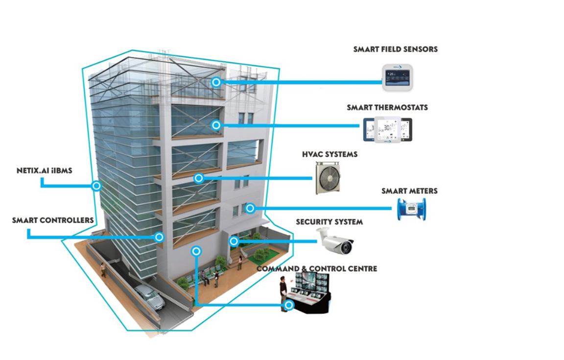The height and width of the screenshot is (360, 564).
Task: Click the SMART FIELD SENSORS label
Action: tap(395, 49)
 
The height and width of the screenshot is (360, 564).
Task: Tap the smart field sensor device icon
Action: tap(397, 77)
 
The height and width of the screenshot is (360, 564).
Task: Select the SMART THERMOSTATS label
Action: tap(387, 108)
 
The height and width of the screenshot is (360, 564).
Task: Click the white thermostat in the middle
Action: tap(387, 130)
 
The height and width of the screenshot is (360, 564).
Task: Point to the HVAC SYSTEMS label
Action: tap(330, 154)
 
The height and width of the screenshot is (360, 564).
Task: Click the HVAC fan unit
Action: tap(328, 178)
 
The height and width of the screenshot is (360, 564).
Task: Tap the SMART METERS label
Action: tap(410, 191)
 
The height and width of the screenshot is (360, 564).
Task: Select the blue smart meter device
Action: tap(411, 209)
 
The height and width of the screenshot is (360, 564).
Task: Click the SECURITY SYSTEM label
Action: tap(329, 222)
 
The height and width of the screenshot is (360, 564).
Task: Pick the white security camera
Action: tap(335, 241)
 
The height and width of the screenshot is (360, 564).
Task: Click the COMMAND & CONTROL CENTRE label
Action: tap(317, 269)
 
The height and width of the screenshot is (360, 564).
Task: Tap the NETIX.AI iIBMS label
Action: tap(44, 170)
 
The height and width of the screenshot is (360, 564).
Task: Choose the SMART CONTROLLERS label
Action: tap(53, 220)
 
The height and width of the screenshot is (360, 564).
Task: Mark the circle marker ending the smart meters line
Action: tap(250, 208)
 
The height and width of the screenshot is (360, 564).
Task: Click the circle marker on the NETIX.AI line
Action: tap(96, 186)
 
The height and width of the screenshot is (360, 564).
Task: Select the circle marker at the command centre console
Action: tap(289, 305)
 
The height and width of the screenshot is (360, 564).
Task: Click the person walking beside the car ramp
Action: tap(103, 270)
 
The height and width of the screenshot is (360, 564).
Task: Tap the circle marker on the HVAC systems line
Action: tap(199, 178)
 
